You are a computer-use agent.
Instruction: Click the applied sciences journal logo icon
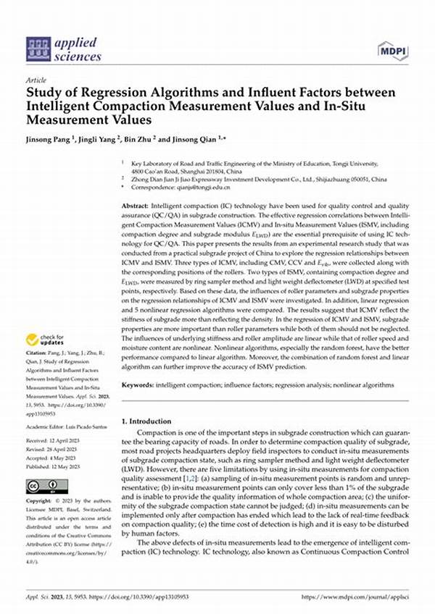tap(37, 48)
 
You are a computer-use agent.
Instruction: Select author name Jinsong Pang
tap(52, 138)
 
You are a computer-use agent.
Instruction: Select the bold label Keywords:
tap(140, 384)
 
